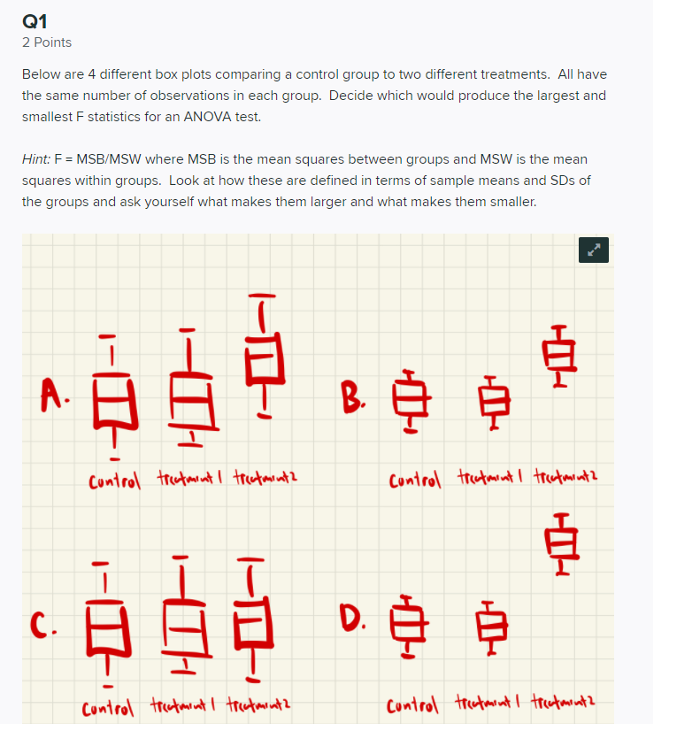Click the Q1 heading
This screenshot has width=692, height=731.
(x=35, y=19)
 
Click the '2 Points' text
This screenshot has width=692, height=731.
(x=47, y=42)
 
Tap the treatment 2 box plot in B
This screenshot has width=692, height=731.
(x=558, y=357)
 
